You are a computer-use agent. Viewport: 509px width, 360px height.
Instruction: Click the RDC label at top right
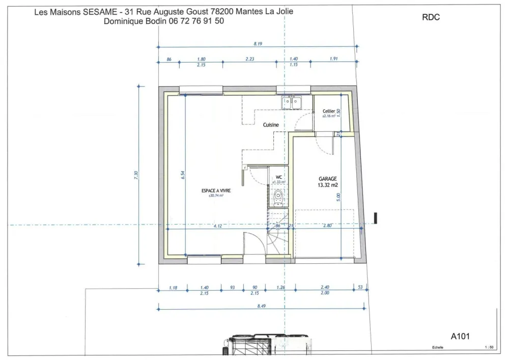tap(431, 17)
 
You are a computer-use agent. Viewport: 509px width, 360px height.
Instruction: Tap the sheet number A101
tap(460, 336)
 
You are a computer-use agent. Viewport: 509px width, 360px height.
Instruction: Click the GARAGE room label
tap(328, 179)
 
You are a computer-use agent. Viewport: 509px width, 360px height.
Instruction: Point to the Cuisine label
tap(271, 125)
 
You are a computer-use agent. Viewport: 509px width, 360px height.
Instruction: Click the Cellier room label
tap(328, 111)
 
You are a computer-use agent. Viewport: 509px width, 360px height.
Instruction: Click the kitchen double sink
tap(291, 103)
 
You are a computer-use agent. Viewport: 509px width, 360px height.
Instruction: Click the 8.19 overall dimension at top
tap(258, 44)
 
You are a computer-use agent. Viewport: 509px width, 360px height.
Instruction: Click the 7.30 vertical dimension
tap(136, 175)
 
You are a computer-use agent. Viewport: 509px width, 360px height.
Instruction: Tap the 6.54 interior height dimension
tap(182, 175)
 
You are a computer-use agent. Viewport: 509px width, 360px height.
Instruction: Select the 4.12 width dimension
tap(217, 225)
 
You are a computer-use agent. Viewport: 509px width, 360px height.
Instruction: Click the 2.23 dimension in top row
tap(249, 59)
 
